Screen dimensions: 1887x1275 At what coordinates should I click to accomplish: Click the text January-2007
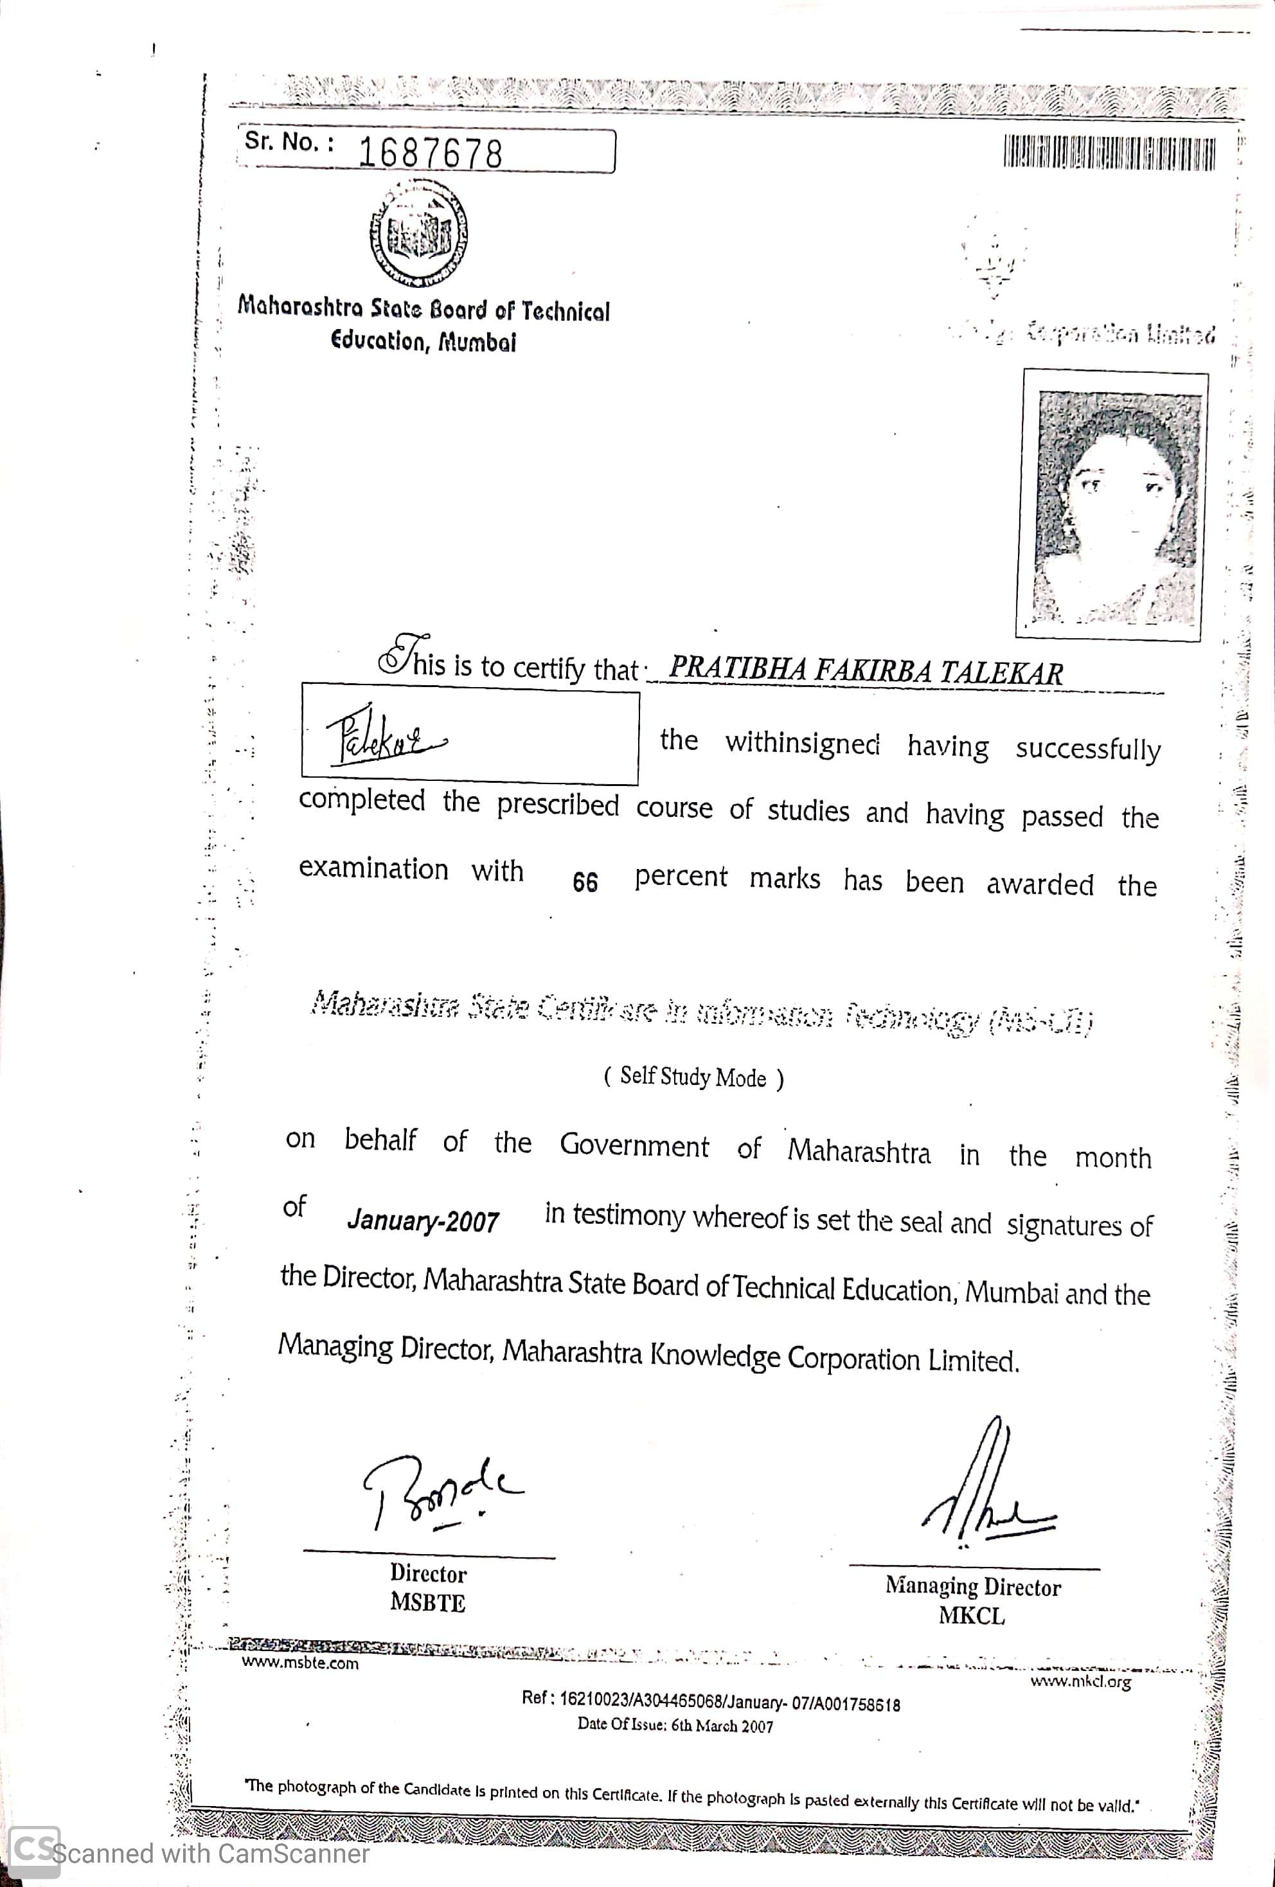point(423,1221)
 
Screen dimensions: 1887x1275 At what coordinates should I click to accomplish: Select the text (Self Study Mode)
point(693,1077)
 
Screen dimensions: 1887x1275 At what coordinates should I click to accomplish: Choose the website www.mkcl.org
point(1081,1681)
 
